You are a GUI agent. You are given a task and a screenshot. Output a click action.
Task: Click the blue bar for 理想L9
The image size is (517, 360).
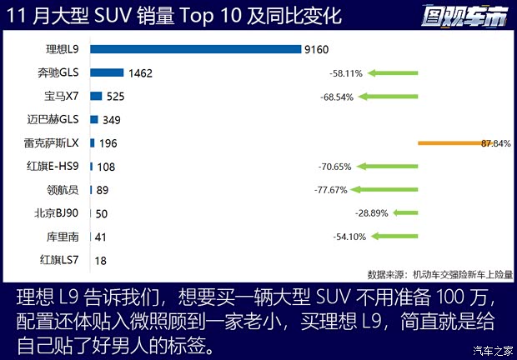click(195, 49)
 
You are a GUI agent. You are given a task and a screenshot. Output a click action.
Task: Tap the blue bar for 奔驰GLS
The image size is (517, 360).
click(107, 73)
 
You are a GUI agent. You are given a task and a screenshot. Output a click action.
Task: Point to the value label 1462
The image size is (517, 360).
click(141, 73)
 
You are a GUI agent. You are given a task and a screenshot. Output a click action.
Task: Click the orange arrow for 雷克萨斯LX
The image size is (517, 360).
click(450, 143)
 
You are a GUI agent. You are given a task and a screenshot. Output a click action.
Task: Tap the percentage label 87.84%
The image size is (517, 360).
click(495, 143)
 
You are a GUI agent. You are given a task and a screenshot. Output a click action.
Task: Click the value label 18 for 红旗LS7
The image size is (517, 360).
click(100, 261)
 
